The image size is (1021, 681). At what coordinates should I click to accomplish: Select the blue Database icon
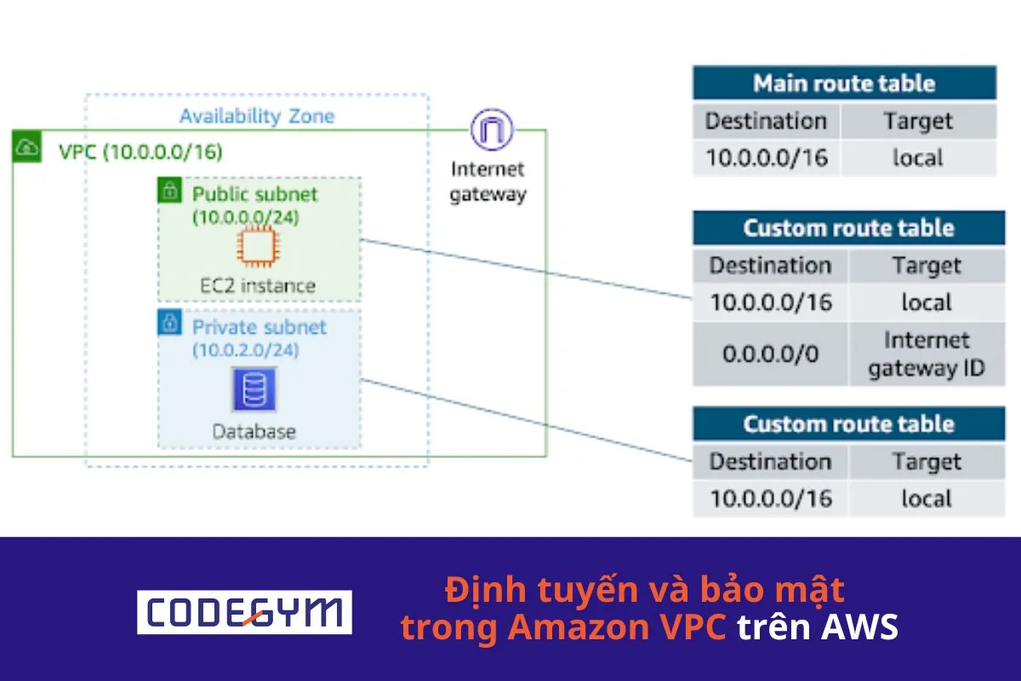[x=254, y=390]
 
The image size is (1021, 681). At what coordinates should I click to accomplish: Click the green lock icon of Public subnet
[x=169, y=190]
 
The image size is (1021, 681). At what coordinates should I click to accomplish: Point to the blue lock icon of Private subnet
[x=169, y=322]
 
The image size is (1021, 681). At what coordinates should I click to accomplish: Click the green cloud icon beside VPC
[x=26, y=148]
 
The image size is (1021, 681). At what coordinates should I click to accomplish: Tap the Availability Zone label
[x=257, y=117]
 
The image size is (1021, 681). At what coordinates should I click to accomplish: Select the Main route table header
[x=843, y=83]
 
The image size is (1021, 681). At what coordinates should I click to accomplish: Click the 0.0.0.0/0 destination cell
[x=770, y=353]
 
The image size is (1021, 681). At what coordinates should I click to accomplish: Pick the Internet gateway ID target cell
[x=926, y=354]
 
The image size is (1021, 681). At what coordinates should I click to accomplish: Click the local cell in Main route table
[x=918, y=157]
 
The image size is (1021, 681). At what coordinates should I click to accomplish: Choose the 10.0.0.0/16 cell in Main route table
[x=766, y=157]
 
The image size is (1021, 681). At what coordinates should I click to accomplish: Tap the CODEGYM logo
[x=244, y=611]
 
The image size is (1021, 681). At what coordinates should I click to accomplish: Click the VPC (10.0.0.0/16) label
[x=140, y=152]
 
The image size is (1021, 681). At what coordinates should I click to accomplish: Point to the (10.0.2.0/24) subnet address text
[x=245, y=350]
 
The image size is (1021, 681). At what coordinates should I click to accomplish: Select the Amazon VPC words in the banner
[x=617, y=627]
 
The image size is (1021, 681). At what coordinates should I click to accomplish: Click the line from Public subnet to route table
[x=528, y=269]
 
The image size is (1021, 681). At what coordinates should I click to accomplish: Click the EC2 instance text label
[x=258, y=285]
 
